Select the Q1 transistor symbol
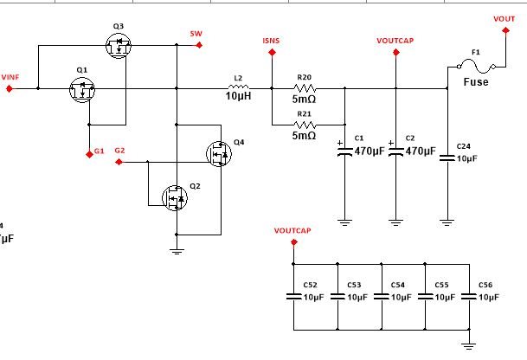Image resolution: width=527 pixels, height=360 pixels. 83,89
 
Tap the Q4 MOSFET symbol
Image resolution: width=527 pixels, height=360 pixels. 220,154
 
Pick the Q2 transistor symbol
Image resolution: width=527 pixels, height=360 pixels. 176,198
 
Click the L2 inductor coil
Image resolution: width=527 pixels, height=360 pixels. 238,87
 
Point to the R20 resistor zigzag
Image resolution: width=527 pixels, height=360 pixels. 304,87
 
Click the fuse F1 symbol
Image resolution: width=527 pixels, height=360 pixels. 475,67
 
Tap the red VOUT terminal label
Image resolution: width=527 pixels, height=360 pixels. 504,18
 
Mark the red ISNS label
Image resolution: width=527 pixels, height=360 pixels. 272,41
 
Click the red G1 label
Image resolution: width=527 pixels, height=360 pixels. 100,151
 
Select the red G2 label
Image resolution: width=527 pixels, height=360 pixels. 120,151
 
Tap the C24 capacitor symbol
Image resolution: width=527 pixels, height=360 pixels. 447,157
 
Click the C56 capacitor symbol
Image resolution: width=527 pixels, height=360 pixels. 470,296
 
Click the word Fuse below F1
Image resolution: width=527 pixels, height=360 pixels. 475,83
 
